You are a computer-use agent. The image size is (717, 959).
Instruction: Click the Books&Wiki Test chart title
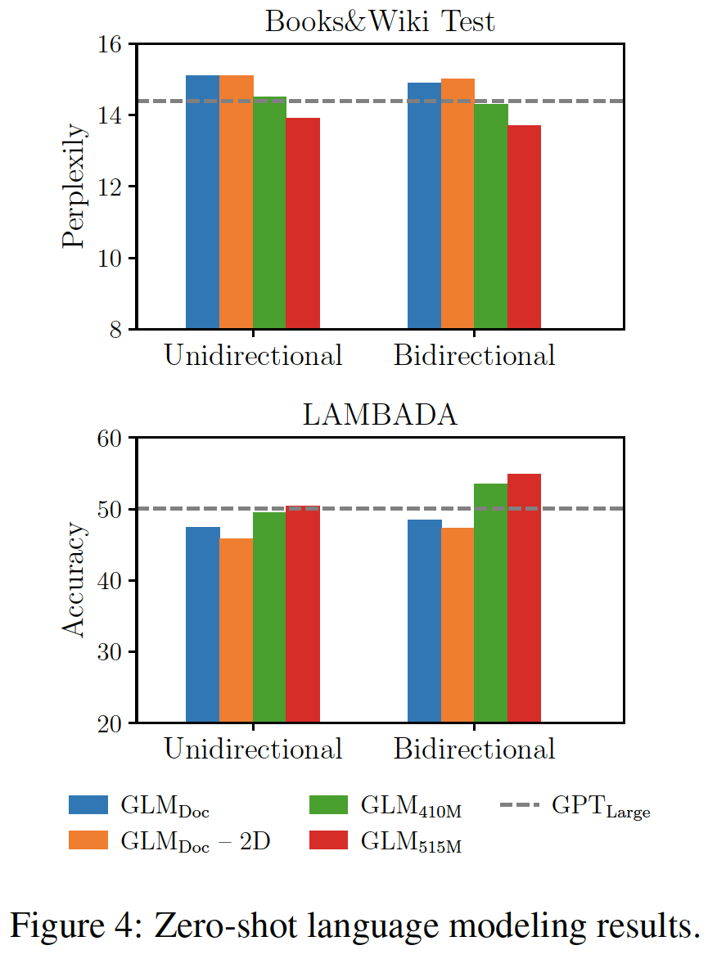tap(380, 21)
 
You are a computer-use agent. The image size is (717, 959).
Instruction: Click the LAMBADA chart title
tap(380, 415)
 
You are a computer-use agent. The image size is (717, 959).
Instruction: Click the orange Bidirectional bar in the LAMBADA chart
tap(458, 625)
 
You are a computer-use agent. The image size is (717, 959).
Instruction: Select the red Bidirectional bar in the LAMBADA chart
tap(524, 598)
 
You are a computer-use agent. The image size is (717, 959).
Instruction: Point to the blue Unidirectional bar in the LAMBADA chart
tap(202, 624)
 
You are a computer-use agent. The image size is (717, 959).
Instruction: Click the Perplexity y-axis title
tap(74, 187)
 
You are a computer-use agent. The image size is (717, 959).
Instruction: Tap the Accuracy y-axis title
tap(74, 580)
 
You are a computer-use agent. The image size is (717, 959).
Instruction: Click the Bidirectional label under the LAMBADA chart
tap(474, 749)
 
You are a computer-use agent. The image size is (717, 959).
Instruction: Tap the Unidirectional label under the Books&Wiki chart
tap(253, 355)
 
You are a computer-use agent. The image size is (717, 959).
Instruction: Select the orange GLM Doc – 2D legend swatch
tap(88, 841)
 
